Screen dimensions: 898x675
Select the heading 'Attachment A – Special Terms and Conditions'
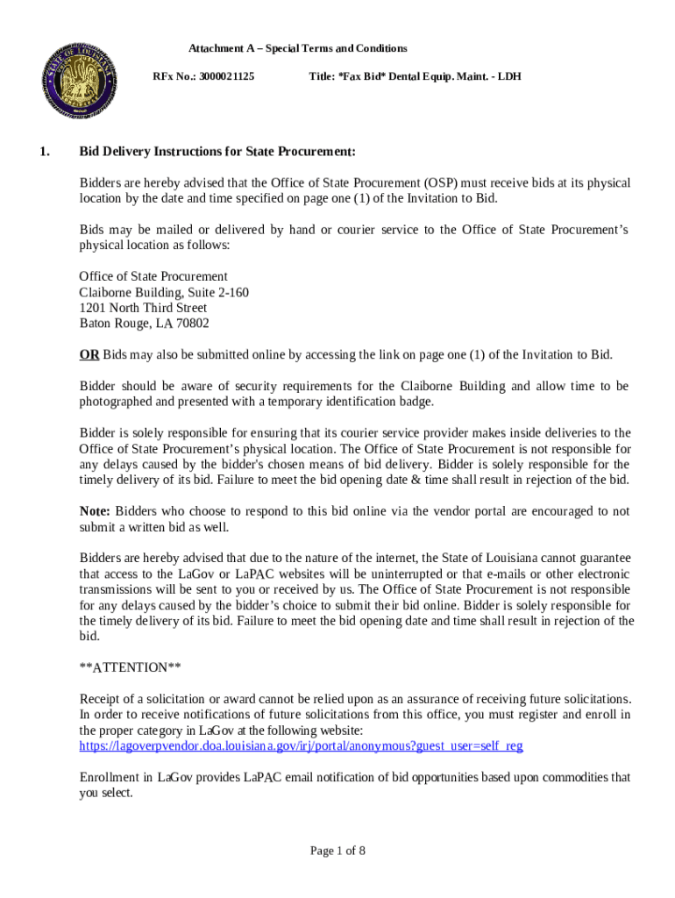298,48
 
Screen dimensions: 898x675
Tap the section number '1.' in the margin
44,152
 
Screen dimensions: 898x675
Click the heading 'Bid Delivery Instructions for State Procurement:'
217,152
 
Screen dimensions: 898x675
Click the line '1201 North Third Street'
143,308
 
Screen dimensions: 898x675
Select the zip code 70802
192,324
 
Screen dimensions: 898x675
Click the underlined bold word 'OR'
89,355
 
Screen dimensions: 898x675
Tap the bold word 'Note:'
95,511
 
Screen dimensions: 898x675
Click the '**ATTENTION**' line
131,668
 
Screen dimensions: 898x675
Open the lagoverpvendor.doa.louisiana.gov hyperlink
301,746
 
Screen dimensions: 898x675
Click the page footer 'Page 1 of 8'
337,851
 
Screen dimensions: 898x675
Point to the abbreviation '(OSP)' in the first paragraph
444,183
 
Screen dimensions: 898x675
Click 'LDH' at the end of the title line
509,77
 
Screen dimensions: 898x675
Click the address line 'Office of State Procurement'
153,276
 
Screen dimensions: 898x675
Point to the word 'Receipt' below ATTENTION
101,699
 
